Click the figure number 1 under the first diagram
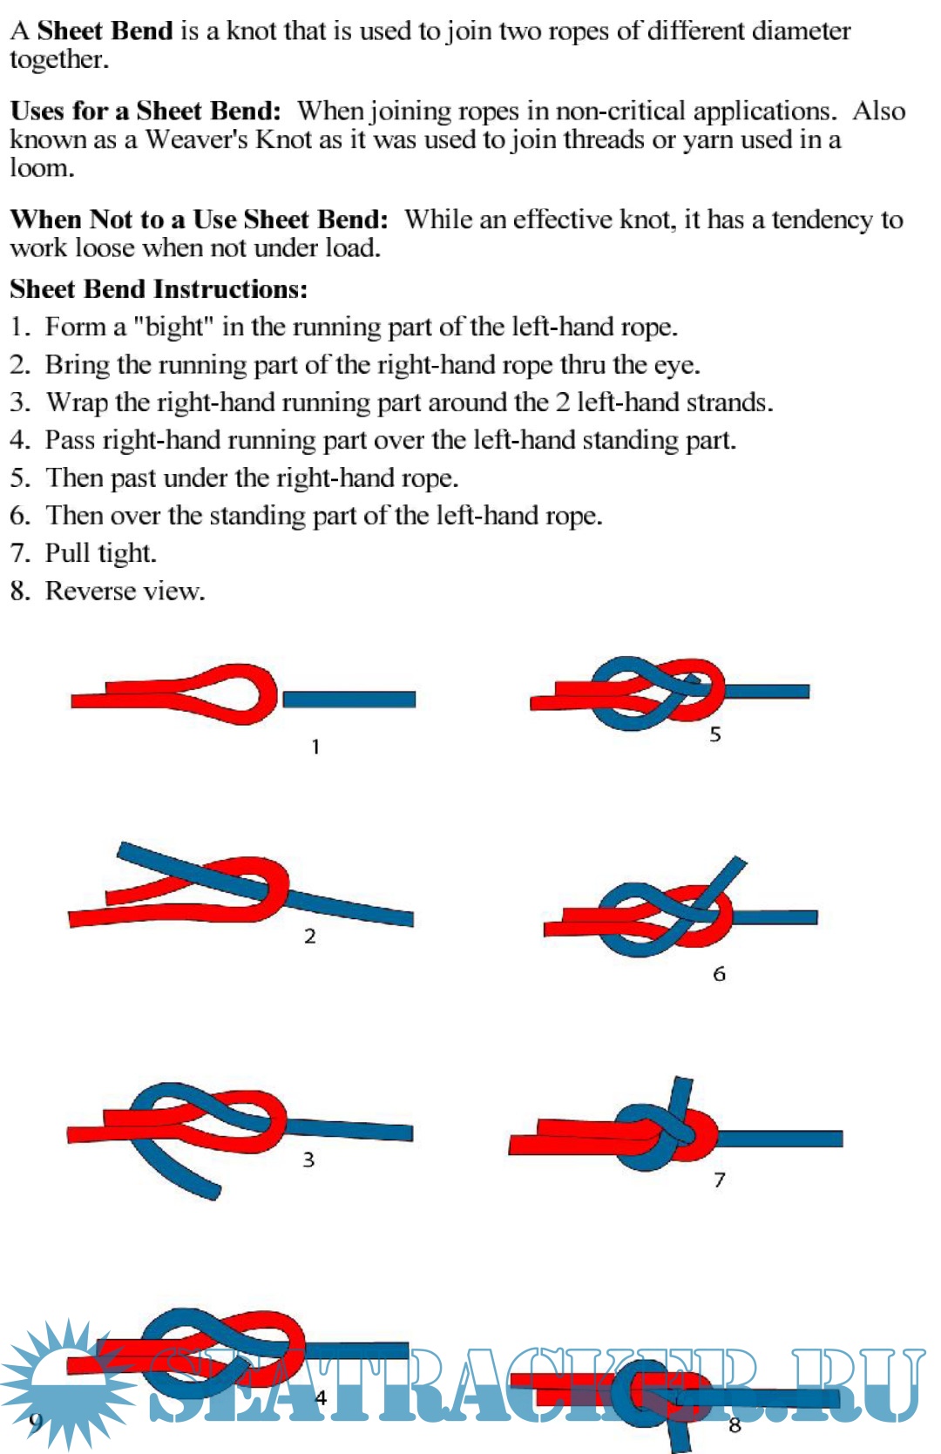[315, 747]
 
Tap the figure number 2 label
[309, 937]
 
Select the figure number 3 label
[308, 1160]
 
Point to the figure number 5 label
[714, 734]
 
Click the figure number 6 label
[719, 974]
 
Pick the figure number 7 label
[719, 1180]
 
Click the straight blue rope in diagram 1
[349, 699]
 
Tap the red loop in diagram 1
[231, 693]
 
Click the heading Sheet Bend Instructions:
[159, 289]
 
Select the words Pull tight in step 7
[100, 553]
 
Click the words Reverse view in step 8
[125, 592]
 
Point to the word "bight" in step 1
[173, 328]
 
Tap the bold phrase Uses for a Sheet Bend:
[146, 112]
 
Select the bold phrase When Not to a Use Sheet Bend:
[199, 220]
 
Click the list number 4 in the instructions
[19, 440]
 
